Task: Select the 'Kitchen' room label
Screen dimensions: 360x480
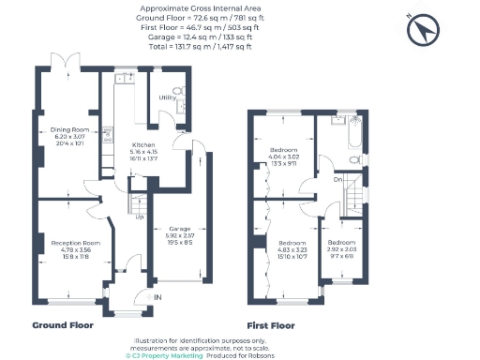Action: point(142,145)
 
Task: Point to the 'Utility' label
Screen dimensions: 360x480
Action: point(168,97)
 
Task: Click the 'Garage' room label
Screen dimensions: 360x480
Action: point(179,228)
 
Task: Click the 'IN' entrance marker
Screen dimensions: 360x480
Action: point(157,297)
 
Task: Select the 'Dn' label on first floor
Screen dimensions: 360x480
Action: point(338,178)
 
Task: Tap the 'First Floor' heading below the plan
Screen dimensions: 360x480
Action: point(270,325)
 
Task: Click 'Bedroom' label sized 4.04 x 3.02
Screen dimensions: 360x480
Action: point(284,150)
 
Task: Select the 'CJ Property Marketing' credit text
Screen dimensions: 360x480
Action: point(162,355)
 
